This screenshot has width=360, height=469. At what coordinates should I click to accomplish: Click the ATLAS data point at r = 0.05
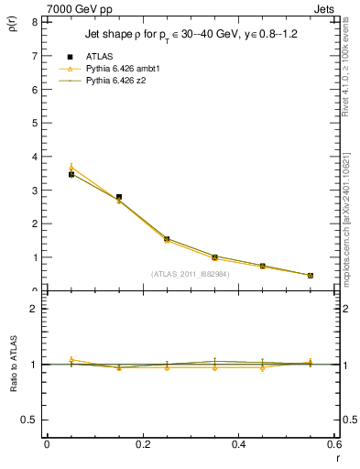point(71,174)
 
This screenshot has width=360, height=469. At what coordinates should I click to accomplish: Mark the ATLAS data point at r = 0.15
point(119,197)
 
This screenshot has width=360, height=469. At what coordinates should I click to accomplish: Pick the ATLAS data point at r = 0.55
point(311,275)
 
